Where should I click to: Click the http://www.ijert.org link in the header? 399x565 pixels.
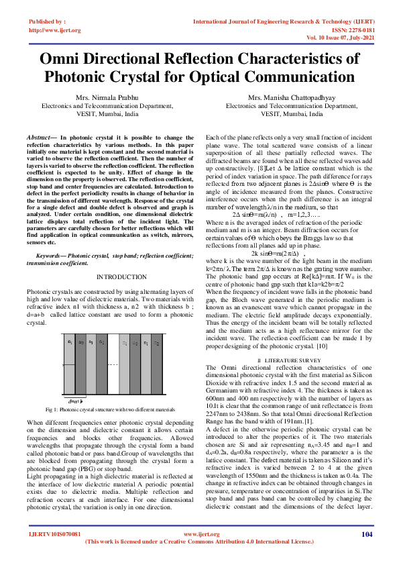tap(55, 30)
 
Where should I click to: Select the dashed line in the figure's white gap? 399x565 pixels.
tap(112, 365)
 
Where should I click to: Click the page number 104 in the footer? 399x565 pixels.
tap(366, 553)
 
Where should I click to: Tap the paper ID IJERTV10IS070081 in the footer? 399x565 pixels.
tap(54, 553)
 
